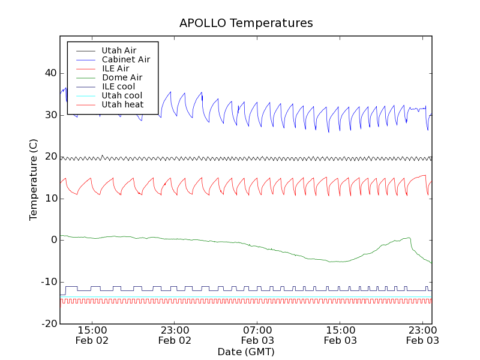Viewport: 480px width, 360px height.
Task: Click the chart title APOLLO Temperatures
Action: click(x=246, y=23)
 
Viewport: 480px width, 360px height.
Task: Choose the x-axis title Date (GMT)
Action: click(x=246, y=352)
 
